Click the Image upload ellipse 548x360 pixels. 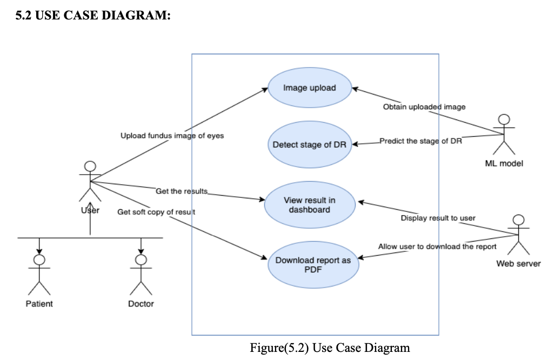click(310, 88)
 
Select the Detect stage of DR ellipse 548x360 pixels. click(310, 145)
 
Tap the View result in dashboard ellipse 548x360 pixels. click(310, 204)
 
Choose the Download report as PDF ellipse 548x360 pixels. click(313, 264)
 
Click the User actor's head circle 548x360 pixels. click(90, 166)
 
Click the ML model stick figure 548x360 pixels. click(504, 135)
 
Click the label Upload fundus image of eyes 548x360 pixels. click(172, 136)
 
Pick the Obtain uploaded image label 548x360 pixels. click(424, 107)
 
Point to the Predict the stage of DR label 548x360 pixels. click(420, 141)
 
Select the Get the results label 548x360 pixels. click(182, 191)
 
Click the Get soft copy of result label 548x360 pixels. click(156, 212)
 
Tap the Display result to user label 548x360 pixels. click(438, 218)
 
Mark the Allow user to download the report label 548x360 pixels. click(437, 246)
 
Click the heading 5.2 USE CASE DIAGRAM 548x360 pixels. click(93, 16)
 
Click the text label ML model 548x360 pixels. click(504, 163)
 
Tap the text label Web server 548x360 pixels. click(518, 264)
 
